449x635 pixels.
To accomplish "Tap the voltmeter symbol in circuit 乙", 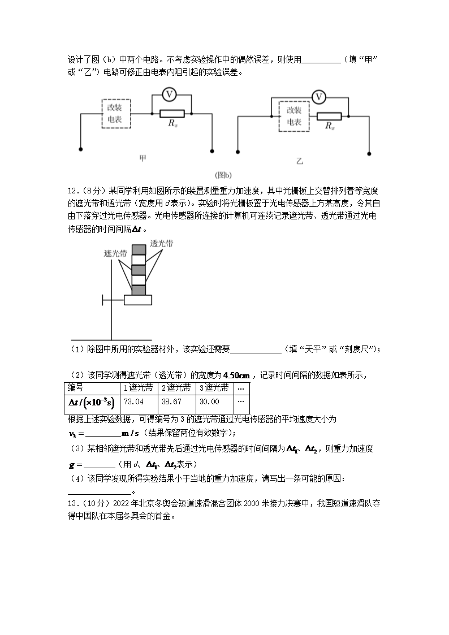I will coord(319,97).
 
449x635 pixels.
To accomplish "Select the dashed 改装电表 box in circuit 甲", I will coord(116,114).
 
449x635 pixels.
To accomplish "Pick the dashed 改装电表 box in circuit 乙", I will coord(294,117).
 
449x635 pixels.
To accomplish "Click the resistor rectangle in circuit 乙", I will coord(329,117).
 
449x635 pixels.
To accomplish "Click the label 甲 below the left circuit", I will coord(143,159).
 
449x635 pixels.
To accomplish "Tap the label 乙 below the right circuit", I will coord(300,162).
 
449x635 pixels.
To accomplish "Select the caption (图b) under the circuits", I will coord(221,175).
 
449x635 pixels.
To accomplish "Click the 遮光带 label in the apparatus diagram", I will coord(115,254).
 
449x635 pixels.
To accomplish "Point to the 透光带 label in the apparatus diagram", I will coord(162,244).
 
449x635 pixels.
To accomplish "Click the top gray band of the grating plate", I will coord(139,250).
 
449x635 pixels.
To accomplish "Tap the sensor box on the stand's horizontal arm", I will coord(138,300).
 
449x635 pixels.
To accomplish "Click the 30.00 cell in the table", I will coord(213,402).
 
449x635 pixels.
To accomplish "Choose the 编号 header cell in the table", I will coord(92,388).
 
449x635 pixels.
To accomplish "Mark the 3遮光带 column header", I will coord(213,388).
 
